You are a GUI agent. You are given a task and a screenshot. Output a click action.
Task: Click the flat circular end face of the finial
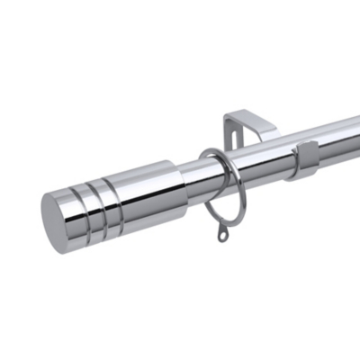pyautogui.click(x=59, y=221)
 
